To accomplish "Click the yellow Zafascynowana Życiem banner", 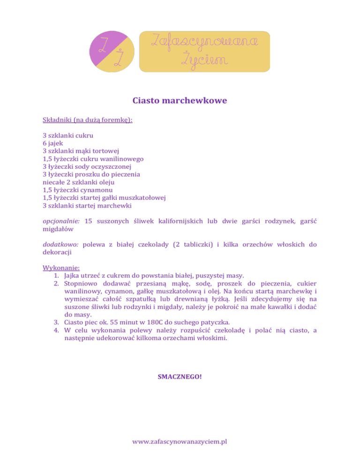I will pos(205,52).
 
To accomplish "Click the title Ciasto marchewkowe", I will pos(180,101).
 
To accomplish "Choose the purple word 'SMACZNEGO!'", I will pos(180,376).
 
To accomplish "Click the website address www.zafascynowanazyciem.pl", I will pos(180,442).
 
